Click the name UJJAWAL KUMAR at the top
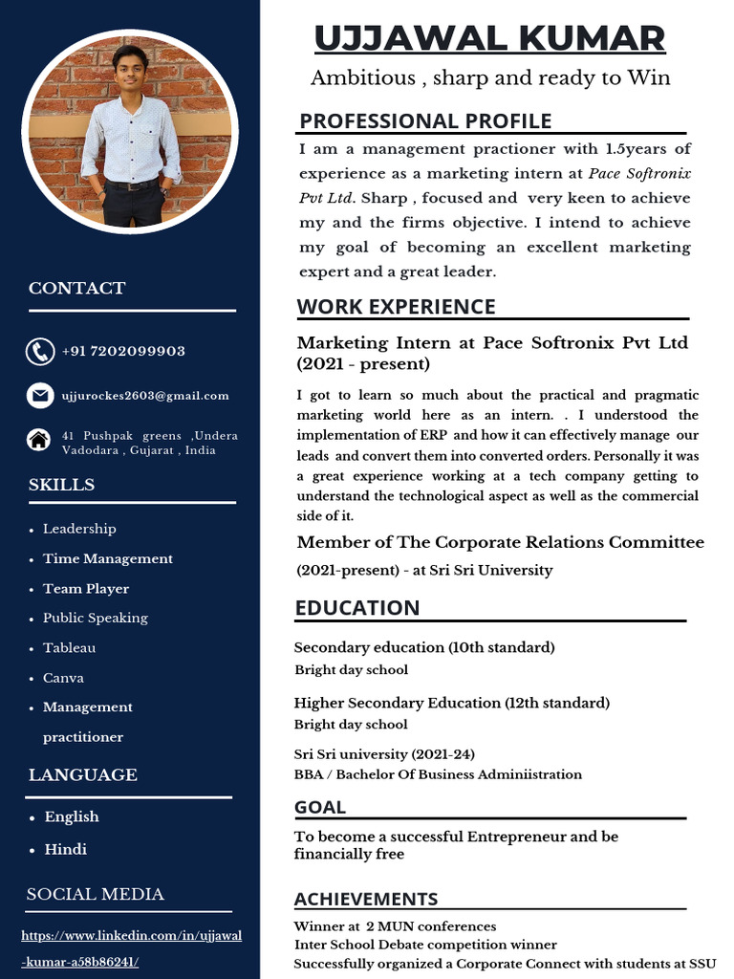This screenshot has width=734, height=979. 489,39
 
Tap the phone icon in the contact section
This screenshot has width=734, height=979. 39,352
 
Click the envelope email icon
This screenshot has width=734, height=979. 39,395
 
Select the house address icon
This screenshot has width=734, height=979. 39,440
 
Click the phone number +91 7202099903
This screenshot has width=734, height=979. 123,352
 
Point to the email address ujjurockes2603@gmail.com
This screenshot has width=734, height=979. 145,396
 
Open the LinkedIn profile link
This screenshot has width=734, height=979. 131,947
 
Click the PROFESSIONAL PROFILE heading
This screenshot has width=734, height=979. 425,121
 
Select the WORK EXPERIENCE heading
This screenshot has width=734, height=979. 396,307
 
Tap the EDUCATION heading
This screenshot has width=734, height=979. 357,608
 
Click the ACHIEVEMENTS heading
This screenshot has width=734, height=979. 366,899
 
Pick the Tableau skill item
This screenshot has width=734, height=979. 69,648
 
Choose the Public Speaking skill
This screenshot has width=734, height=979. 95,618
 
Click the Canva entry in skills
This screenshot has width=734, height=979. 63,678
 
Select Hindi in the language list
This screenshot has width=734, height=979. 65,849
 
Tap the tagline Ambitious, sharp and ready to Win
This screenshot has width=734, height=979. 490,78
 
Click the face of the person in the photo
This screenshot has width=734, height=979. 129,69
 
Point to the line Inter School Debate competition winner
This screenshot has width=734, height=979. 425,945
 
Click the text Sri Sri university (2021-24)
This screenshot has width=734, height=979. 384,754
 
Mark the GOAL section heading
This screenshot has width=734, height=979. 320,808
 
